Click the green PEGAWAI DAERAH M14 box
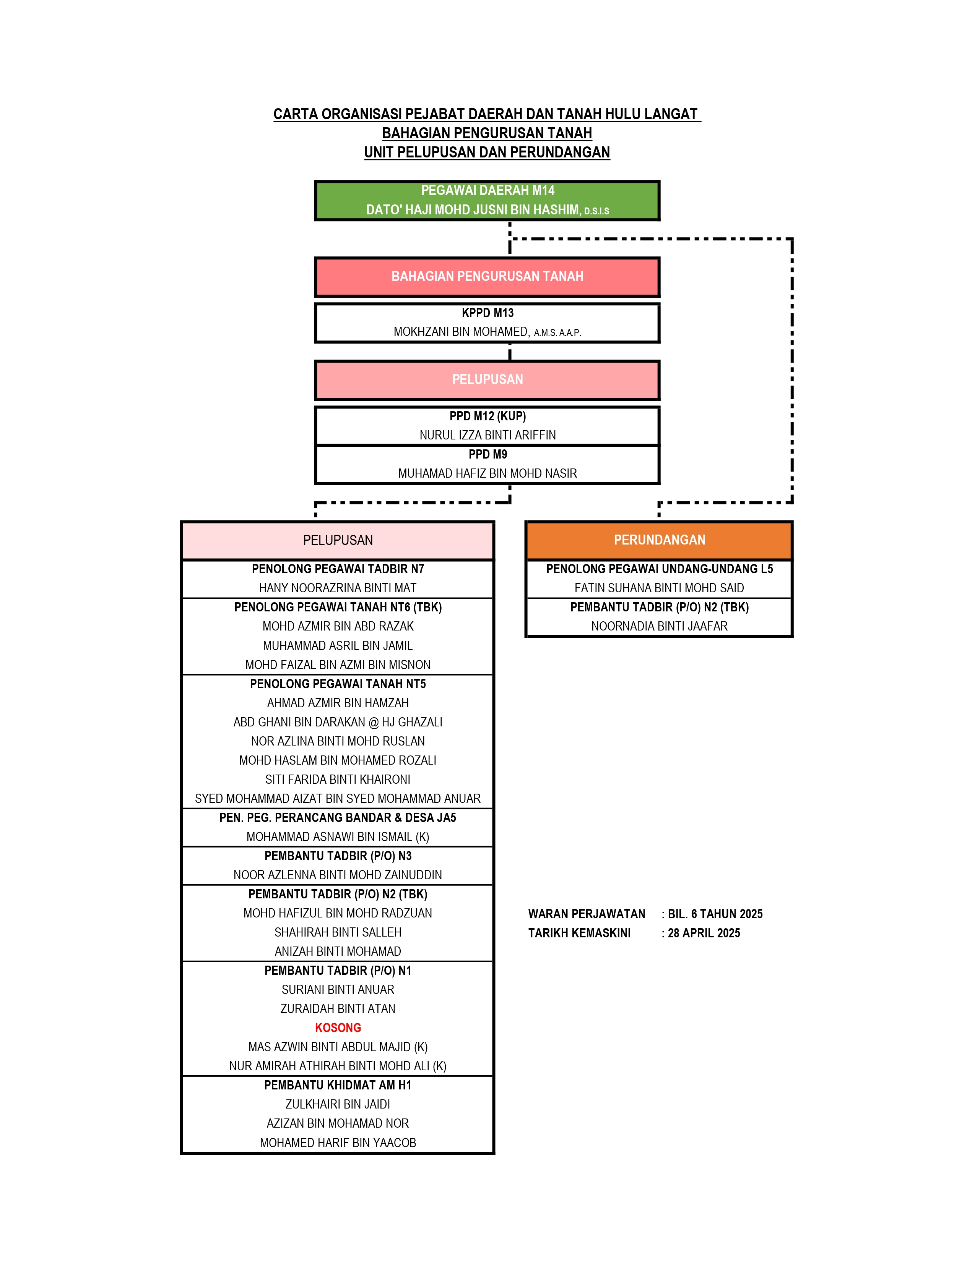(x=487, y=200)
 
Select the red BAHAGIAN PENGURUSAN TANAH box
(x=487, y=277)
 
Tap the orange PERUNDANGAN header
(x=659, y=540)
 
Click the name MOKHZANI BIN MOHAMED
(x=461, y=332)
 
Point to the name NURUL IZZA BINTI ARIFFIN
(x=487, y=435)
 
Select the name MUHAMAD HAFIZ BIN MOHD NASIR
(x=487, y=473)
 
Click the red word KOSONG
(x=338, y=1028)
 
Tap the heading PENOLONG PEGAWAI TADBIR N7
(x=338, y=569)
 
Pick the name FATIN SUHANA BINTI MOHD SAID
(x=659, y=588)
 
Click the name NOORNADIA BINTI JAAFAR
(x=659, y=626)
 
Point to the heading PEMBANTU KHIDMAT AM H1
(x=338, y=1086)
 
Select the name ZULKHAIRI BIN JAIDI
(x=338, y=1105)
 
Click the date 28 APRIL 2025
(x=704, y=933)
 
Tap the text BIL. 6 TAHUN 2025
(x=715, y=914)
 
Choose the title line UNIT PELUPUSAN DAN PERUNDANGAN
(x=487, y=152)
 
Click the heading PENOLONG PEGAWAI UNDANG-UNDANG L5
(x=659, y=569)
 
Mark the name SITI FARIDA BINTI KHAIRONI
(x=338, y=780)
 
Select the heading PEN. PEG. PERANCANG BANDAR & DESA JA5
(x=338, y=818)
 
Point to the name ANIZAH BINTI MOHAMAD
(x=338, y=951)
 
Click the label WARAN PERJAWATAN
(x=587, y=914)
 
